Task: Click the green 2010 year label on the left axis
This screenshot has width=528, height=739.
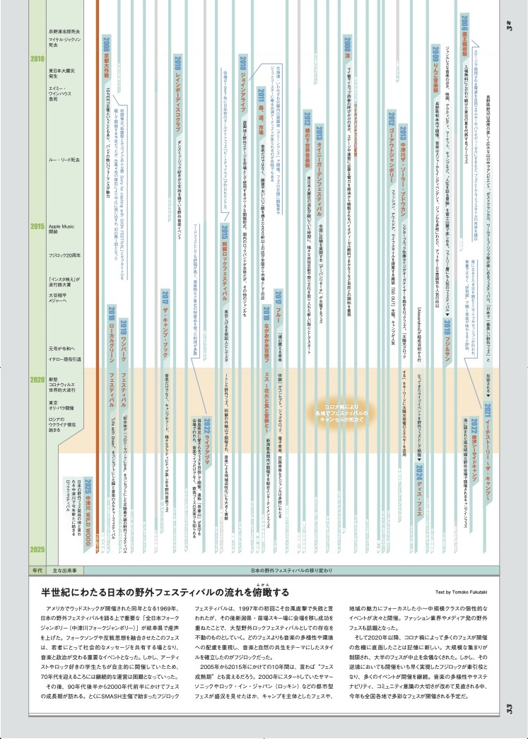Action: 33,59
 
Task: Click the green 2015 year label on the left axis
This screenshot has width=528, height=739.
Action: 33,226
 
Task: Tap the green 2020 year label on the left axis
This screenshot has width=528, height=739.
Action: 33,380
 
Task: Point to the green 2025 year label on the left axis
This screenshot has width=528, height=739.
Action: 33,548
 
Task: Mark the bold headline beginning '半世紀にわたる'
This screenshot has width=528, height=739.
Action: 165,592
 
